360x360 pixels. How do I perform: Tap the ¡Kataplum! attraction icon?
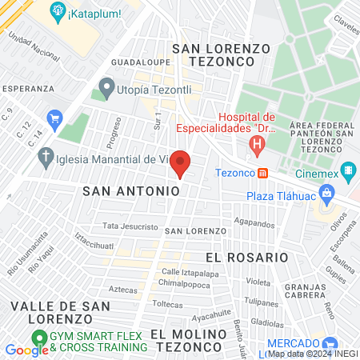tap(58, 11)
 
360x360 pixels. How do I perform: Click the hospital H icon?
tap(257, 145)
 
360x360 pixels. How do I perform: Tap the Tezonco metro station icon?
tap(263, 173)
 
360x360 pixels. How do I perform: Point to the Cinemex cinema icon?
tap(348, 170)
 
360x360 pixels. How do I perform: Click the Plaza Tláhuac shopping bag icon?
tap(326, 193)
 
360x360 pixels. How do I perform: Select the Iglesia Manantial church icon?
tap(46, 157)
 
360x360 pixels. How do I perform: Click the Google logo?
tap(26, 350)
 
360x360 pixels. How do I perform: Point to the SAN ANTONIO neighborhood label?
tap(131, 191)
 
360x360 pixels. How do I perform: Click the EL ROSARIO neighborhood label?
tap(246, 258)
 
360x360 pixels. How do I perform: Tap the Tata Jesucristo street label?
tap(130, 226)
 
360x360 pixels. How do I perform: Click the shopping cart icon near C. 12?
tap(55, 119)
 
